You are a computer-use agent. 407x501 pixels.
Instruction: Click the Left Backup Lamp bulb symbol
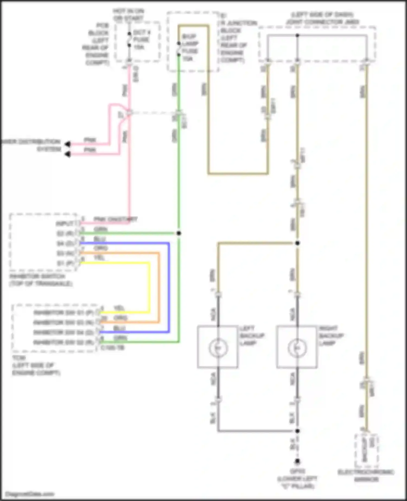[x=218, y=348]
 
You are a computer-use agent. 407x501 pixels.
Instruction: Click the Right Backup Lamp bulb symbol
[x=297, y=348]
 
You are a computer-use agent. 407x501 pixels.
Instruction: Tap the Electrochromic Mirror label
[x=366, y=475]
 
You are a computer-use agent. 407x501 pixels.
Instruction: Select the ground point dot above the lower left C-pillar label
[x=297, y=461]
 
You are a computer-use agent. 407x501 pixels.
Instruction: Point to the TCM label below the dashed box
[x=18, y=358]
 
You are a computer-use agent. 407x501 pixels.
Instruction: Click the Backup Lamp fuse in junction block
[x=179, y=49]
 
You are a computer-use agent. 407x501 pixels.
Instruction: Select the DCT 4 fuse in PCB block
[x=129, y=40]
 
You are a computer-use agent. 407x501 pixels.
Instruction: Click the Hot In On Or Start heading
[x=128, y=15]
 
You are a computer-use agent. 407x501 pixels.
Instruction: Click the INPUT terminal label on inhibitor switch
[x=65, y=224]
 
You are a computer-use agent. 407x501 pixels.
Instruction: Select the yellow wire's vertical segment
[x=149, y=288]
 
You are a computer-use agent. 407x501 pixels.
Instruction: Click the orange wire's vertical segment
[x=159, y=288]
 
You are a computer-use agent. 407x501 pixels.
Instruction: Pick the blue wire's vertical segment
[x=169, y=288]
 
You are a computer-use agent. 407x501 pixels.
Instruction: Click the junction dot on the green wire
[x=179, y=233]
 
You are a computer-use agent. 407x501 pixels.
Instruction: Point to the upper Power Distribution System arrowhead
[x=68, y=144]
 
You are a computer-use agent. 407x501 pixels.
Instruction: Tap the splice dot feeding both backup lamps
[x=297, y=243]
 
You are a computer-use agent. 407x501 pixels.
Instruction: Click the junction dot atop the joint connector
[x=297, y=35]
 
